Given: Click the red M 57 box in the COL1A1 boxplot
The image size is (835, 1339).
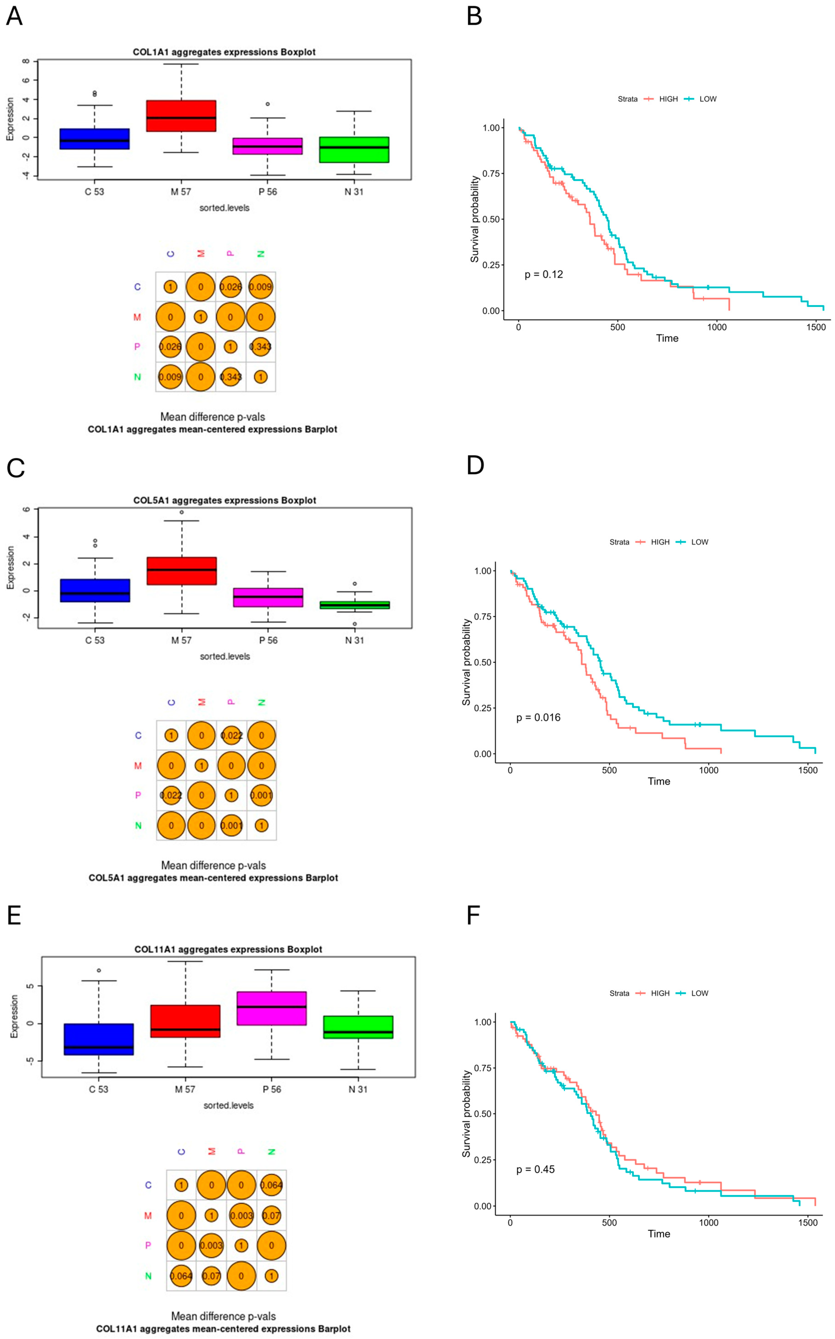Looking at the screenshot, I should [x=181, y=116].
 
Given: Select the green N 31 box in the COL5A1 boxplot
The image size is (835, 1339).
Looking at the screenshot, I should [x=355, y=605].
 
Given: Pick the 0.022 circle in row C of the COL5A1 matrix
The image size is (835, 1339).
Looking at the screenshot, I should [x=231, y=735].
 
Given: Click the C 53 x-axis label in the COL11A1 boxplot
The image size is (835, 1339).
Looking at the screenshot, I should [x=99, y=1089].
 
